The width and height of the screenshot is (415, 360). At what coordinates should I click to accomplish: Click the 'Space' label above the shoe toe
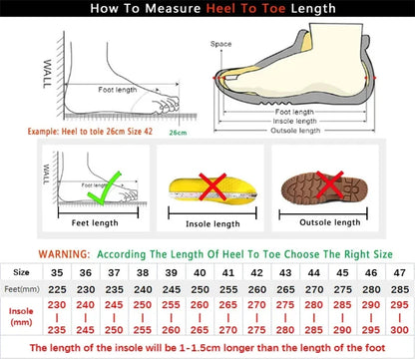tap(220, 45)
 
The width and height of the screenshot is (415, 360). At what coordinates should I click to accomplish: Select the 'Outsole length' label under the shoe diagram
tap(296, 130)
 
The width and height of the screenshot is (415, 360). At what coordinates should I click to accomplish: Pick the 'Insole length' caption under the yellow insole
tap(211, 223)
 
